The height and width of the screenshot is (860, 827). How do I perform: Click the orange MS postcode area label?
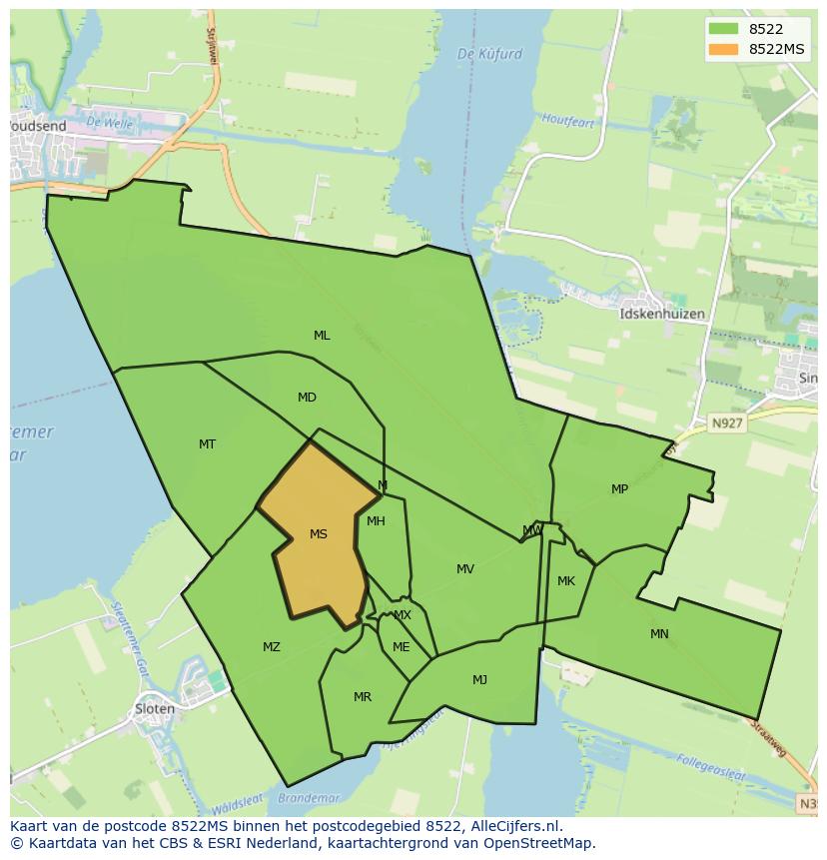[x=319, y=534]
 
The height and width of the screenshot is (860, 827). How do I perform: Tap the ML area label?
[x=322, y=336]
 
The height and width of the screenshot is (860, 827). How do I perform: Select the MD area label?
[x=307, y=398]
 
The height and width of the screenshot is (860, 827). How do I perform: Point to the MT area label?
[x=207, y=444]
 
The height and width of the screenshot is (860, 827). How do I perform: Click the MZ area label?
[x=272, y=647]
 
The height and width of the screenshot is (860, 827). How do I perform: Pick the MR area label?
[x=363, y=697]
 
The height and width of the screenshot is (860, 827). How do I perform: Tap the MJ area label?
[x=479, y=680]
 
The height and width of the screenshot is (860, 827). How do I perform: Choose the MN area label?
[x=659, y=634]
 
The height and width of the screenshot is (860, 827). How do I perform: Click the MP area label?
[x=620, y=489]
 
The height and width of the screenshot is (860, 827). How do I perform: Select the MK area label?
[x=566, y=581]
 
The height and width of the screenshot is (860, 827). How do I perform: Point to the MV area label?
[x=465, y=569]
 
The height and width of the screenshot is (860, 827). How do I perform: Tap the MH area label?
[x=376, y=521]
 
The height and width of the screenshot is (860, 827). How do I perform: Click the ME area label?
[x=401, y=647]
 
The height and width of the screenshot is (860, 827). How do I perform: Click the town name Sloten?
[x=154, y=709]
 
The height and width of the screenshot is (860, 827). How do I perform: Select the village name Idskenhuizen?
[x=662, y=314]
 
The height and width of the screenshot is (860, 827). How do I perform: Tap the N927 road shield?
[x=727, y=425]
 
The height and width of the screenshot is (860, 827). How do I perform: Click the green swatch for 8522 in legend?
[x=723, y=29]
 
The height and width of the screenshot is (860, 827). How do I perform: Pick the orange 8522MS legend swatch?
[x=723, y=49]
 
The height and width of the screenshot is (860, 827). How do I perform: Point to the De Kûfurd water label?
[x=489, y=54]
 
